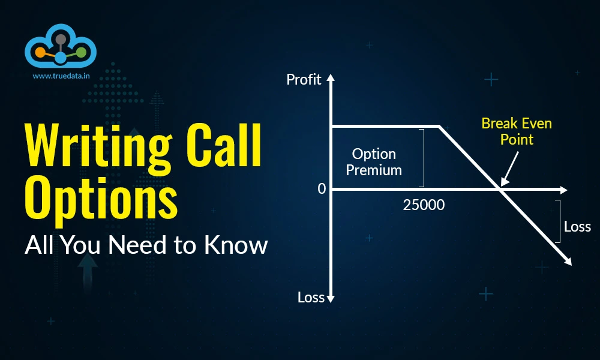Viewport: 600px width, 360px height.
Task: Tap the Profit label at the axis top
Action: [304, 79]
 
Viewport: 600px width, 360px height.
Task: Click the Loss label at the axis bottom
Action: [311, 297]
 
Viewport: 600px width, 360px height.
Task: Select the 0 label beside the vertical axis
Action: [322, 189]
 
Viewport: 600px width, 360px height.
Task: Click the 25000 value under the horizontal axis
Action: [424, 205]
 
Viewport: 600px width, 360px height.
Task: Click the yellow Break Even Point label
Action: [517, 131]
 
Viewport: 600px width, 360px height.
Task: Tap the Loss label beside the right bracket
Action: [577, 227]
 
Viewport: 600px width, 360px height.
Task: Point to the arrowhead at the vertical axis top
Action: [331, 78]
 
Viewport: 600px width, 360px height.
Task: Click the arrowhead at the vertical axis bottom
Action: [331, 298]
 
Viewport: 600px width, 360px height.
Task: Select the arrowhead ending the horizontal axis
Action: [563, 190]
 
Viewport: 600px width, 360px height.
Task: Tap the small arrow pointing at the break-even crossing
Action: [503, 181]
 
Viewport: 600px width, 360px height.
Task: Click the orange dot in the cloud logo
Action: [40, 52]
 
